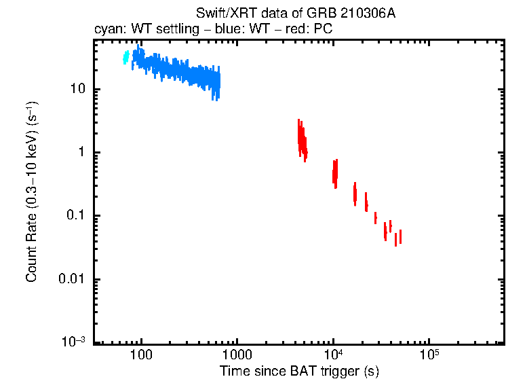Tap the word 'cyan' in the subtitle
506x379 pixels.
click(x=106, y=30)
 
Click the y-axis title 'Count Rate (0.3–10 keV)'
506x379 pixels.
click(x=32, y=192)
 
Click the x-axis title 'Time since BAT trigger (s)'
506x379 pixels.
click(x=299, y=371)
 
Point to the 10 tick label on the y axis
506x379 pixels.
click(x=76, y=90)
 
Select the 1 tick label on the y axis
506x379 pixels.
click(x=80, y=153)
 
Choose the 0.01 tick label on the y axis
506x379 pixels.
click(x=70, y=279)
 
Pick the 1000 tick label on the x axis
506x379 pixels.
click(x=237, y=356)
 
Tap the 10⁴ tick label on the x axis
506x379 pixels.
click(x=332, y=355)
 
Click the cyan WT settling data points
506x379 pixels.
click(x=125, y=58)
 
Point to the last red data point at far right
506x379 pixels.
click(x=400, y=236)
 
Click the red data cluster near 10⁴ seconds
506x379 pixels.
click(x=334, y=172)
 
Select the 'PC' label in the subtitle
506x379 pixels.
click(x=323, y=30)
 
